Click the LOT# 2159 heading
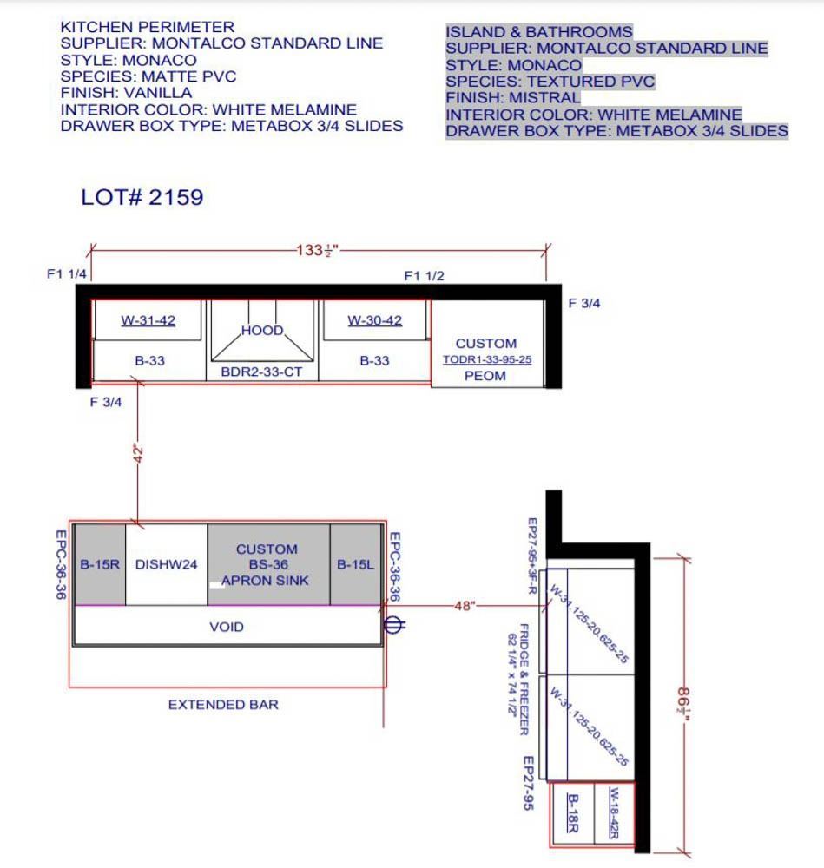click(x=142, y=197)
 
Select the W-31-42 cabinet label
click(x=148, y=320)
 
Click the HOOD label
click(x=262, y=331)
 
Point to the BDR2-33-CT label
click(x=261, y=372)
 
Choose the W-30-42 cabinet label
click(x=375, y=320)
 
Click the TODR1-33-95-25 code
click(x=487, y=360)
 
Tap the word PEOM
click(x=485, y=376)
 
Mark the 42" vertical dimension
click(x=138, y=453)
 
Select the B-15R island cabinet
click(x=100, y=565)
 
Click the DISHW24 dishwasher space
click(x=166, y=565)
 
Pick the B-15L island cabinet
click(x=355, y=565)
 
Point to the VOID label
click(x=227, y=627)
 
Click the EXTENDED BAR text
click(x=223, y=705)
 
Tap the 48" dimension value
click(x=465, y=606)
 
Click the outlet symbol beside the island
click(x=393, y=625)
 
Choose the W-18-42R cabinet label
click(x=614, y=812)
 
